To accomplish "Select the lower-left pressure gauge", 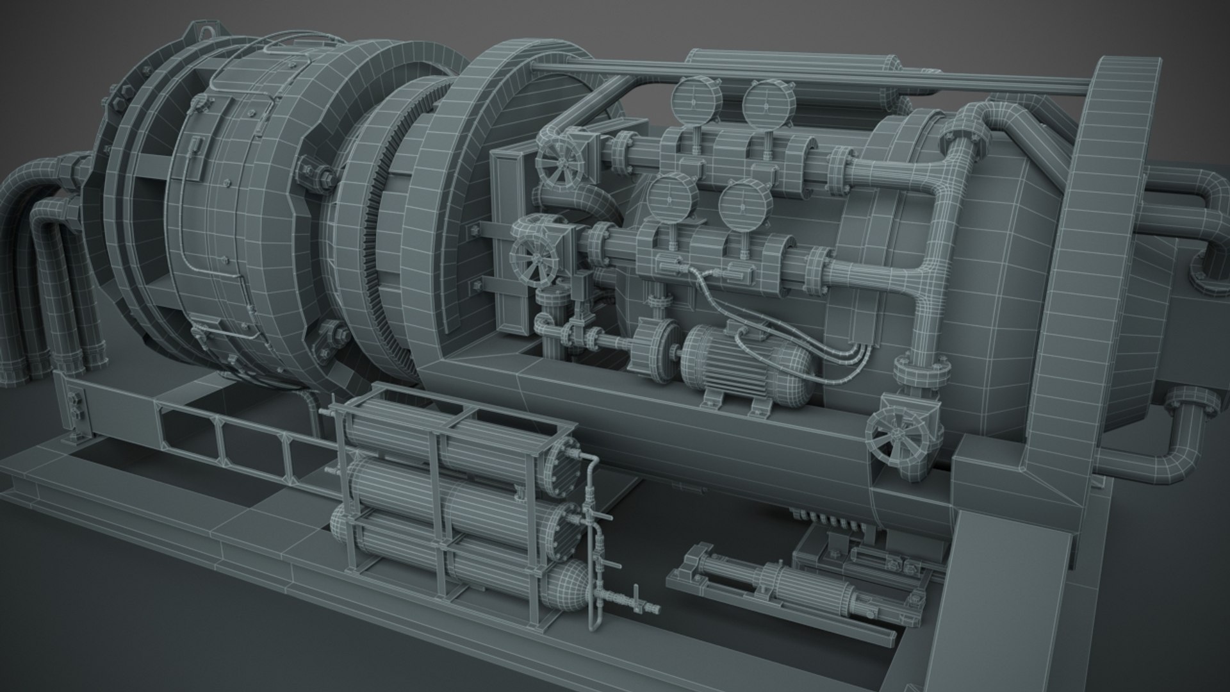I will (x=668, y=197).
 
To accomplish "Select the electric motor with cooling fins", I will (x=743, y=362).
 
